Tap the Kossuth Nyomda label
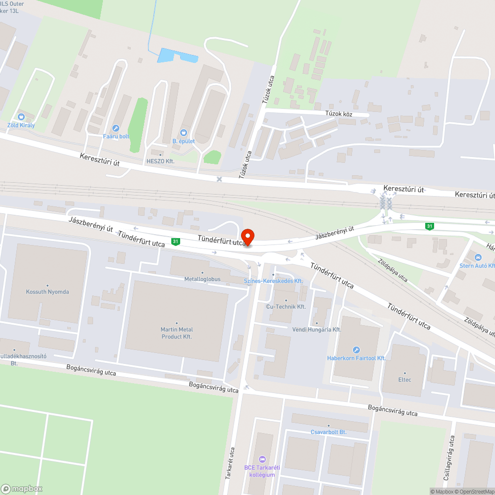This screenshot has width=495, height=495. (x=48, y=292)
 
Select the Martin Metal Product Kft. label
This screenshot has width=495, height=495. (x=177, y=333)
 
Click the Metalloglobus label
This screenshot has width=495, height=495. (x=202, y=279)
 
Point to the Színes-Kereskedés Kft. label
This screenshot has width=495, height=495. (x=273, y=281)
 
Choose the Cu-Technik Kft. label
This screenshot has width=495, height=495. (x=286, y=306)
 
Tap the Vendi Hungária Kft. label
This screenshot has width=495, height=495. (x=317, y=329)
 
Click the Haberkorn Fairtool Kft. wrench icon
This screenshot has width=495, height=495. (x=356, y=350)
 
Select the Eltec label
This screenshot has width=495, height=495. (x=404, y=380)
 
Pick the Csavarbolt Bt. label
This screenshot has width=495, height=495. (x=328, y=432)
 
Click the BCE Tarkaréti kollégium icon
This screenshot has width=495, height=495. (x=262, y=459)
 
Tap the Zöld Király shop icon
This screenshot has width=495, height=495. (x=21, y=117)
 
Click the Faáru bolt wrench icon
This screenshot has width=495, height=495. (x=116, y=128)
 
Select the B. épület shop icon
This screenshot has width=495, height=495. (x=184, y=133)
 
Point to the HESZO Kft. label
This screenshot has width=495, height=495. (x=160, y=161)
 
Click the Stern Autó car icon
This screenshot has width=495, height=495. (x=478, y=257)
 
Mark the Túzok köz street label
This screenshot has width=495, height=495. (x=339, y=114)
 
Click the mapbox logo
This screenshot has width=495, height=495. (x=22, y=488)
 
